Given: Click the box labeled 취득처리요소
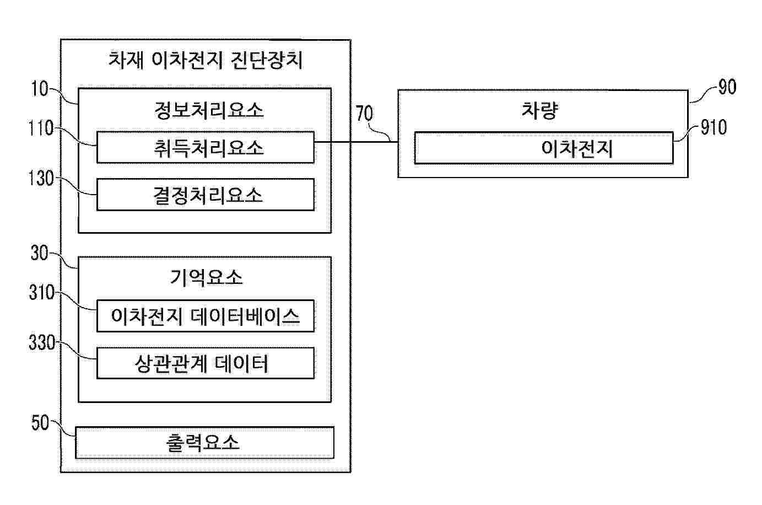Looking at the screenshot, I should click(205, 147).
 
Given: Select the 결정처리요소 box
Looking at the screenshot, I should click(205, 195).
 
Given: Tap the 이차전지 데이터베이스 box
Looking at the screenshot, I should click(205, 316).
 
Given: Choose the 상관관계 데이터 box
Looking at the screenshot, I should click(205, 363).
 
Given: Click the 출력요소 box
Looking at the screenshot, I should click(204, 443).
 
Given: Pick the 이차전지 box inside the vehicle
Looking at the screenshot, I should click(543, 148).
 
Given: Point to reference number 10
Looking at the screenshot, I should click(40, 88).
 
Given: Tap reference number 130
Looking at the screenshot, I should click(41, 179).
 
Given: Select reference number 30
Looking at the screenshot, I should click(40, 253).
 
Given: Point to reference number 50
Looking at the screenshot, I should click(40, 423).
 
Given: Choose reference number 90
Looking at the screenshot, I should click(727, 87).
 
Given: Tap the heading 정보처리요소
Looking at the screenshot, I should click(208, 110).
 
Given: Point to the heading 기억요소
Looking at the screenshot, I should click(206, 277).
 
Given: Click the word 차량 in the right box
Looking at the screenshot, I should click(540, 110).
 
